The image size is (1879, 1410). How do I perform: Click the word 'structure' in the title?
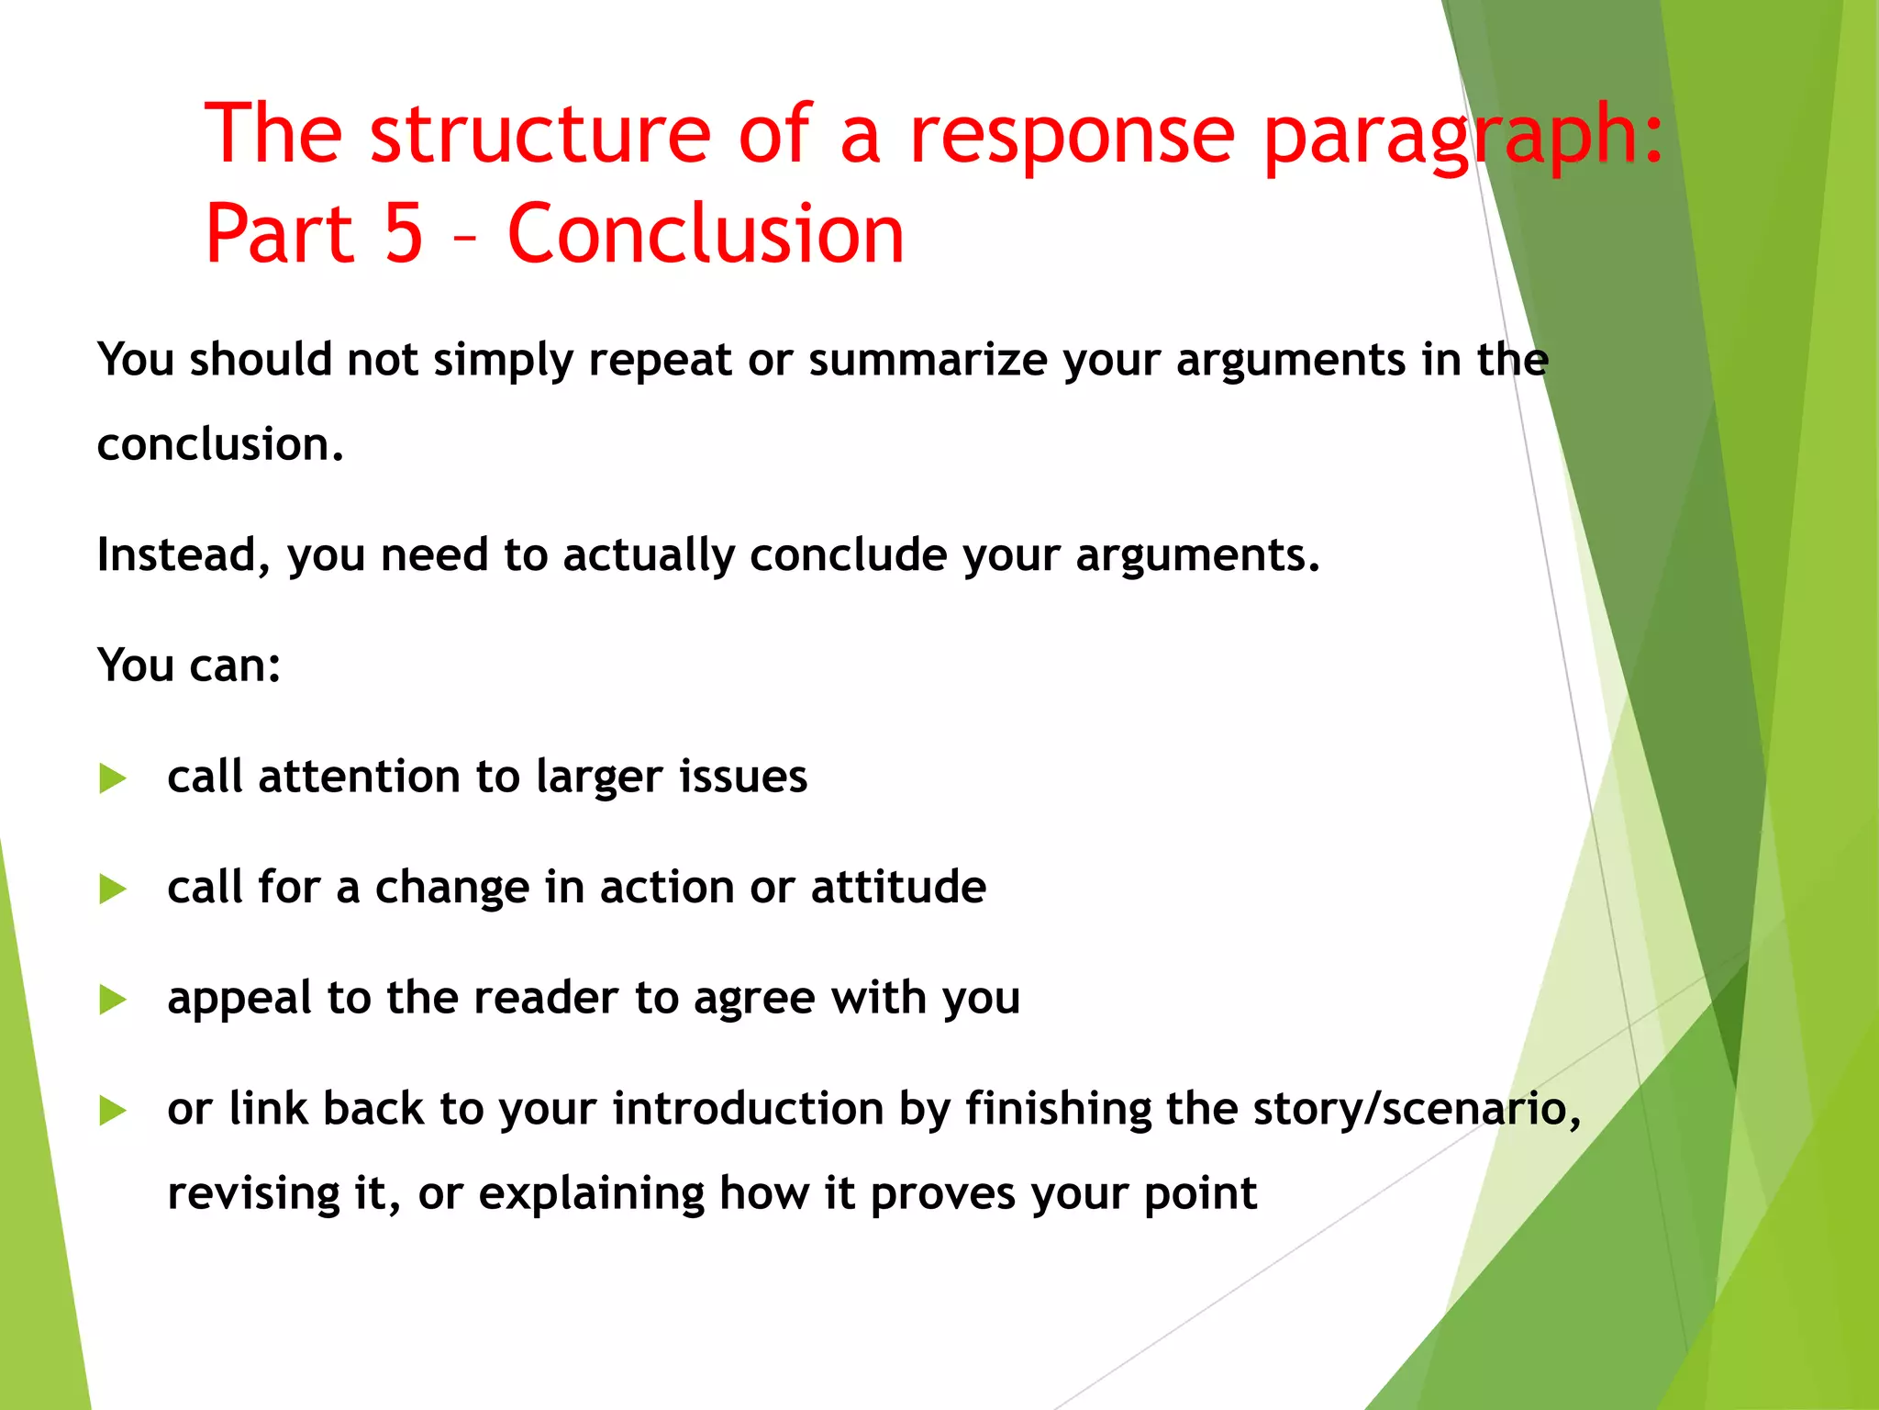coord(539,135)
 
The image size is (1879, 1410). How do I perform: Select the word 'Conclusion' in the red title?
coord(705,234)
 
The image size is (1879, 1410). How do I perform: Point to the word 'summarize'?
coord(927,360)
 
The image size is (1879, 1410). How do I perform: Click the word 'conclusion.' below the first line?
coord(220,445)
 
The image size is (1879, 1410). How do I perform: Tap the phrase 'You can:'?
coord(189,666)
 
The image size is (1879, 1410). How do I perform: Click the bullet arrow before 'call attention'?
coord(112,778)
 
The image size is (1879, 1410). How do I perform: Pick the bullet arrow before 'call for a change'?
coord(112,889)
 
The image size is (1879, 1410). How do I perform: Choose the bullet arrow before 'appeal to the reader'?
coord(112,1000)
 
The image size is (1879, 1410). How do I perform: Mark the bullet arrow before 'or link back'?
coord(112,1111)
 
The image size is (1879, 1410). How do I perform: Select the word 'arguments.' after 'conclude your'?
coord(1197,556)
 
